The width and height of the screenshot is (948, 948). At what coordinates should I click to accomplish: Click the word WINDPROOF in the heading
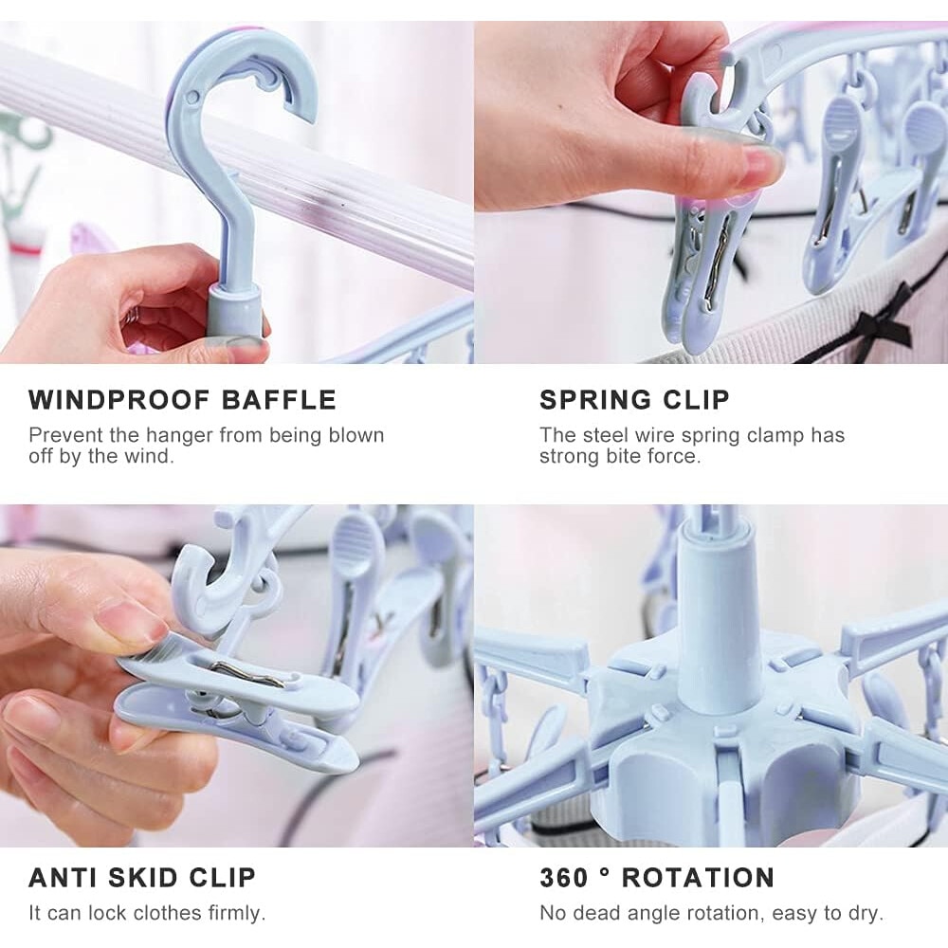[x=119, y=400]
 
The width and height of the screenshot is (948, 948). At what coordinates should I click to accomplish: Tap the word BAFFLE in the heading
[x=279, y=400]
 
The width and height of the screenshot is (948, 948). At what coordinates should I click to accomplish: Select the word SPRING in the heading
[x=595, y=400]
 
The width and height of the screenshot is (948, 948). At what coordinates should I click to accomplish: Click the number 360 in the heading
[x=563, y=878]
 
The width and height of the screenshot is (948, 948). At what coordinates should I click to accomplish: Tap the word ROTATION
[x=698, y=878]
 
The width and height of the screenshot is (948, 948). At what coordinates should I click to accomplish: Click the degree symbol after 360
[x=605, y=871]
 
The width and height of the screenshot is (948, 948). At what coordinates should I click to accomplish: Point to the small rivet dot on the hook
[x=192, y=96]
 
